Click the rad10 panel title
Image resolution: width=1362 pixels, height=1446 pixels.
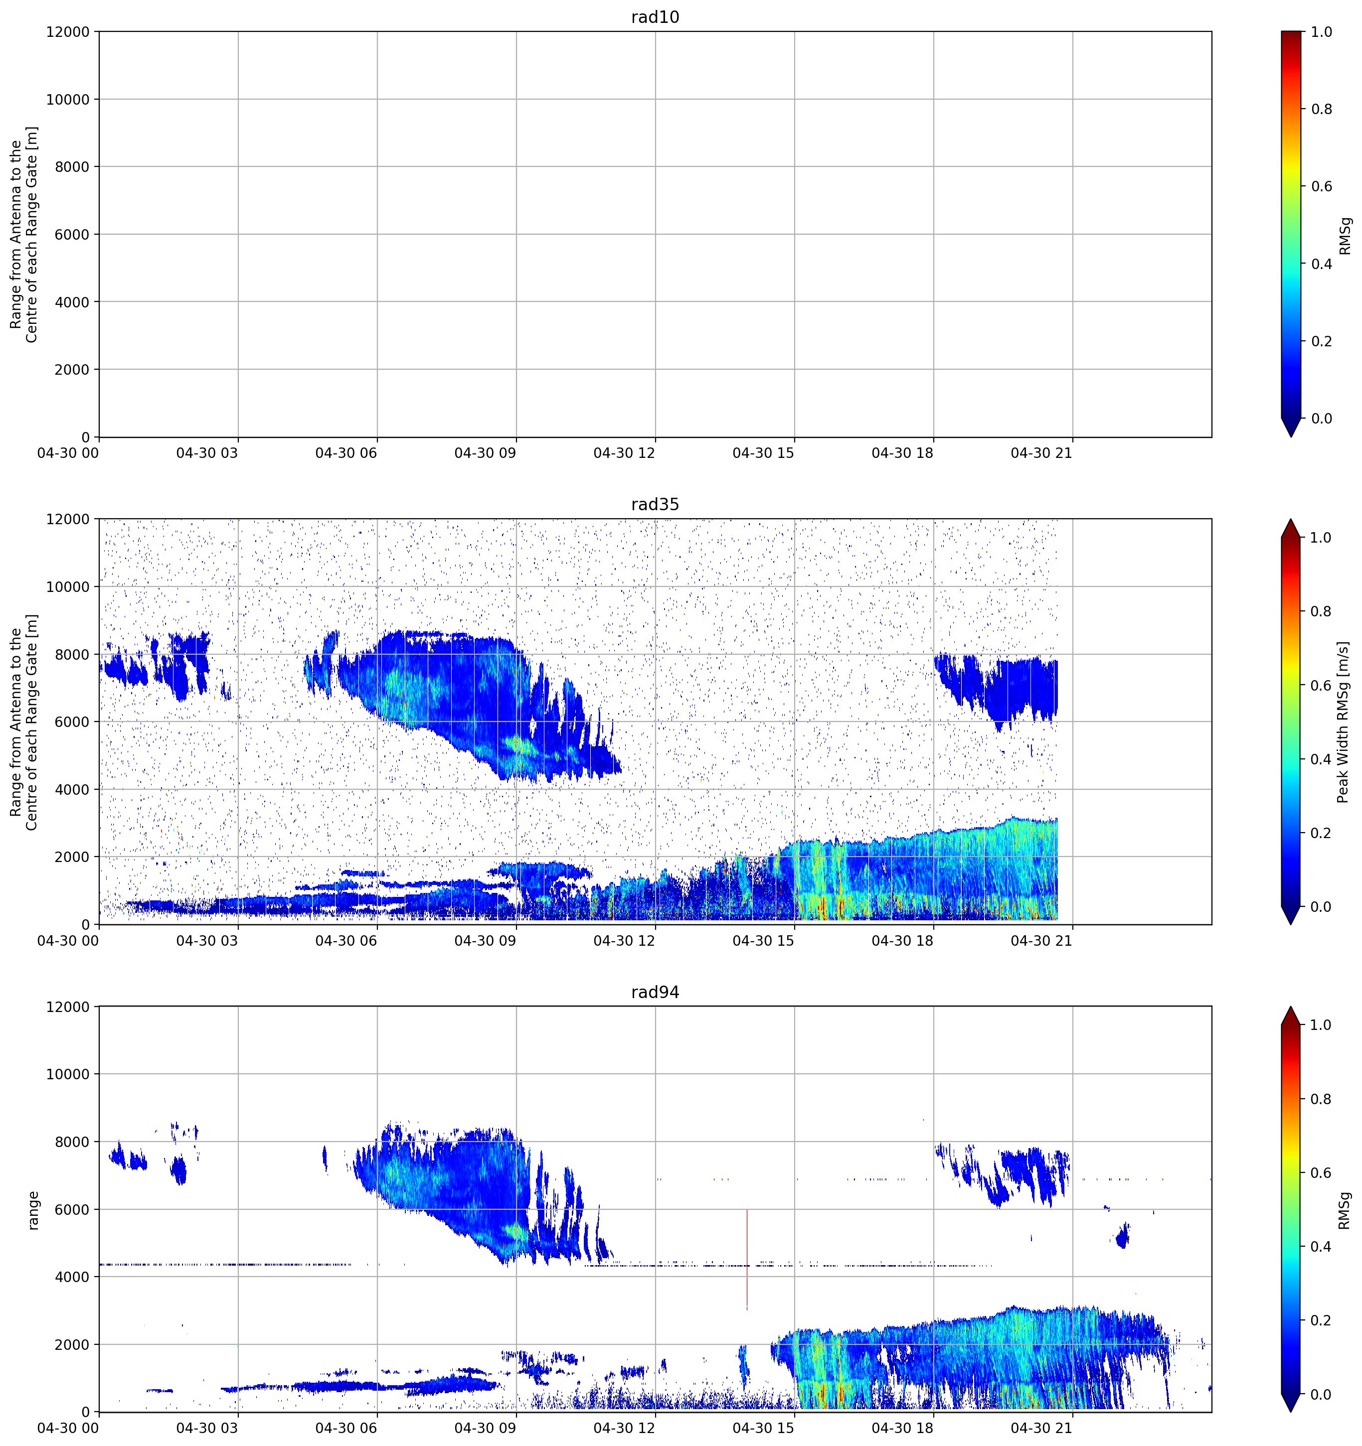click(655, 17)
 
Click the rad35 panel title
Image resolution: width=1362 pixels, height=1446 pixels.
click(655, 504)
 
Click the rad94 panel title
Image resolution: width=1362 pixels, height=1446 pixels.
click(655, 992)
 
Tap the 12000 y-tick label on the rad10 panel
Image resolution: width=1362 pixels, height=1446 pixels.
click(68, 32)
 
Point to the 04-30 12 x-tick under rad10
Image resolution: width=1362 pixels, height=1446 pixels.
click(624, 453)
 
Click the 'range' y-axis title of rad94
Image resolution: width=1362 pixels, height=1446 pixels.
click(33, 1210)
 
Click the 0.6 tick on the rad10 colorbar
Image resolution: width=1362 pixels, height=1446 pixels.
click(1321, 186)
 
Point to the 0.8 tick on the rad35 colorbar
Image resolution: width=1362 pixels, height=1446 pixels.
click(1321, 611)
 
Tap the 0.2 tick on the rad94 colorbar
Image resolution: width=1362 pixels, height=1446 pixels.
click(1321, 1320)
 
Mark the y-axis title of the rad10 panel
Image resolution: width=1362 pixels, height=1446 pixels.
click(23, 234)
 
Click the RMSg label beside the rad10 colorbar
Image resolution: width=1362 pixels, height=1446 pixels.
click(1345, 235)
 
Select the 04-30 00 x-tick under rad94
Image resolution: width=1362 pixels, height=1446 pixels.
click(68, 1429)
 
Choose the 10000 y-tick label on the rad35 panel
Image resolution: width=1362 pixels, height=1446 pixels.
click(68, 586)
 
